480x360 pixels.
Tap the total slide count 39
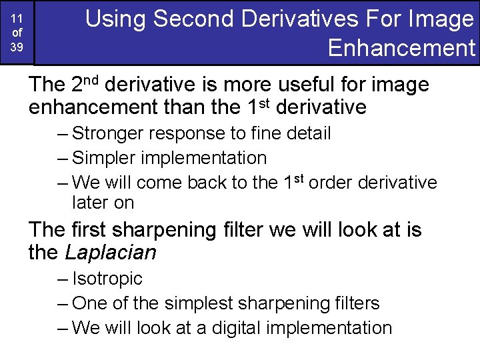[x=17, y=46]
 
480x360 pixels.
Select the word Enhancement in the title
[x=401, y=48]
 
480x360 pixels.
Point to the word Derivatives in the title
[x=299, y=19]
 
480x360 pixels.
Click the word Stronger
[x=108, y=133]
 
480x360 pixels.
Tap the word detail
[x=308, y=133]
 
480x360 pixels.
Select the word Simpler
[x=105, y=158]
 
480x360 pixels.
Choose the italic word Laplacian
[x=111, y=253]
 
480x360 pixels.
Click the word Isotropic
[x=107, y=279]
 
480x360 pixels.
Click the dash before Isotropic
[x=63, y=279]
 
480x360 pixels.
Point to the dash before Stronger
[x=63, y=133]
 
